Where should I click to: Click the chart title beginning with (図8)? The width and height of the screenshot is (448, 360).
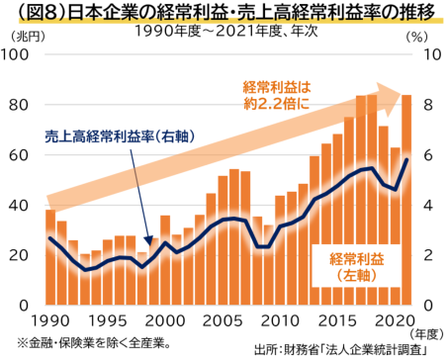coord(224,13)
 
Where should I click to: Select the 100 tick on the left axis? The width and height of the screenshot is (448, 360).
coord(21,54)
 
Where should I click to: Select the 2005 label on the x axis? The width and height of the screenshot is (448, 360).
coord(224,321)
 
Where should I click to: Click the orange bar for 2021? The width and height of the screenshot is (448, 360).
coord(405,198)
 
